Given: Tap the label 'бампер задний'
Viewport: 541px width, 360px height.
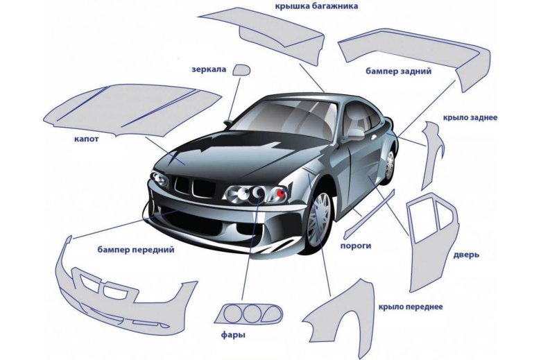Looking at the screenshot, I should click(x=399, y=71).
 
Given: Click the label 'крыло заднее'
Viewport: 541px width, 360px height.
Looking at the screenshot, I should click(x=470, y=119).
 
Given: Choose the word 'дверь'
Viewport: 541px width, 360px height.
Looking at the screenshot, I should click(x=466, y=255).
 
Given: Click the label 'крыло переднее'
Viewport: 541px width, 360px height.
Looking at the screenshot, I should click(x=411, y=306).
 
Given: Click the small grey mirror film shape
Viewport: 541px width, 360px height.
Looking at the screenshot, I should click(x=241, y=70).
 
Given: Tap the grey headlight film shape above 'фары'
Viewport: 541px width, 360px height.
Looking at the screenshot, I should click(x=248, y=314).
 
